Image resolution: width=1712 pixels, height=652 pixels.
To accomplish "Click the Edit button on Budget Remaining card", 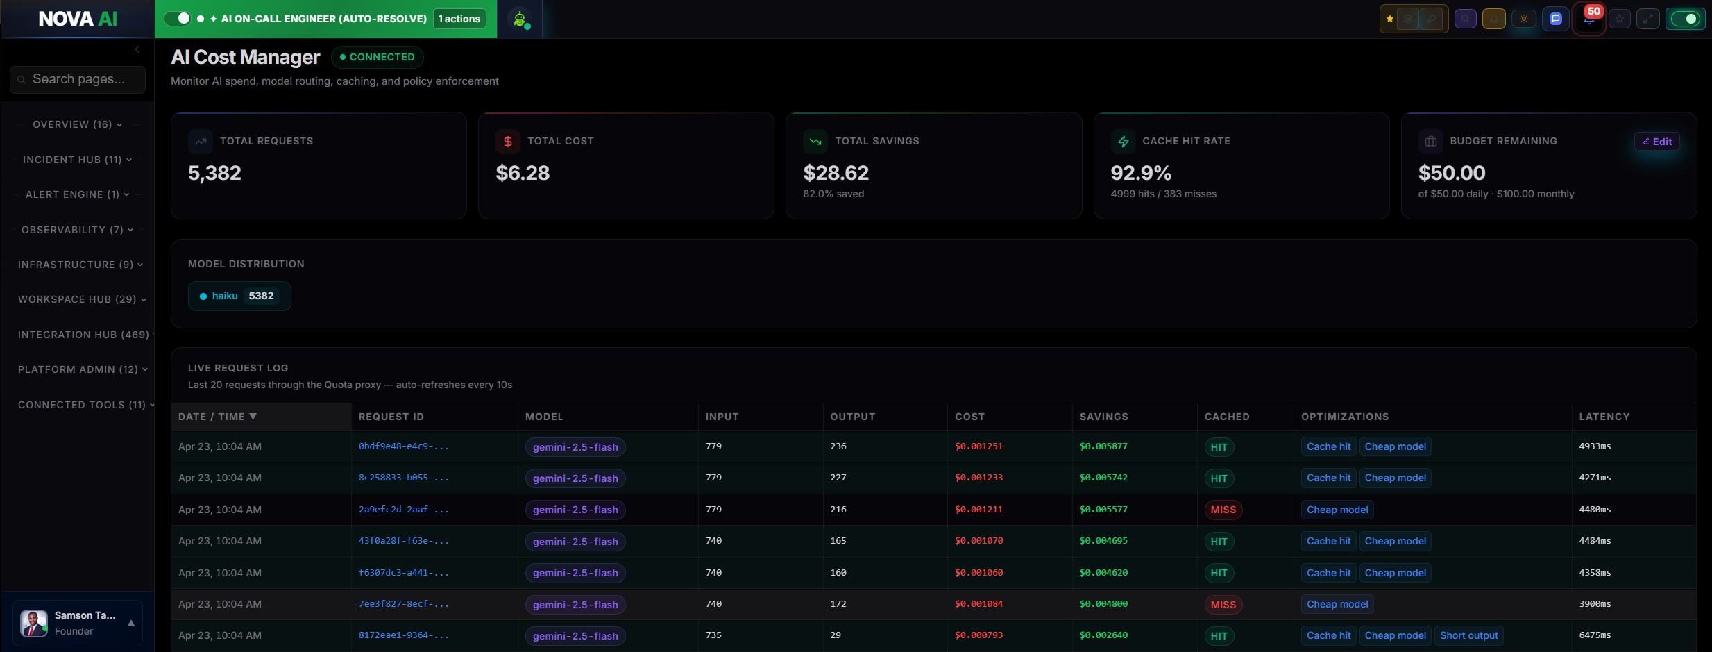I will (x=1656, y=142).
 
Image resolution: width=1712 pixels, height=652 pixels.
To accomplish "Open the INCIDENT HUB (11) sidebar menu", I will (x=77, y=160).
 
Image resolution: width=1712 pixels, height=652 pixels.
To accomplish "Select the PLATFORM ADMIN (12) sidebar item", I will (x=83, y=369).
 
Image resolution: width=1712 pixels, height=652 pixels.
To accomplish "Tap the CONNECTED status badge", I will (x=377, y=57).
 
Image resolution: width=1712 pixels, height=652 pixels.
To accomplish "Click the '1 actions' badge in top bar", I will (x=459, y=19).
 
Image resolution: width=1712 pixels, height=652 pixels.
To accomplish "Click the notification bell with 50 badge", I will (x=1588, y=19).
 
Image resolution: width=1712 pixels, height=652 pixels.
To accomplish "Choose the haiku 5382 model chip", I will (x=239, y=296).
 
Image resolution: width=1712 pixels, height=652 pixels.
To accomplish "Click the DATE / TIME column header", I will (x=217, y=417).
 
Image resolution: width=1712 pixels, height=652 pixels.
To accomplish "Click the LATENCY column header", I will (x=1604, y=417).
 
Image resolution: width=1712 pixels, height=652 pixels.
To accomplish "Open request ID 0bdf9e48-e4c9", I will (x=403, y=446).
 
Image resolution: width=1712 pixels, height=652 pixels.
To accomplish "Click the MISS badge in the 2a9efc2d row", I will (x=1223, y=510).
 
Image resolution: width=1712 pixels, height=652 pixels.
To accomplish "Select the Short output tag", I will (x=1468, y=635).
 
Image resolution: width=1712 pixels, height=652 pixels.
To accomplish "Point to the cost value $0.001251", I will (x=978, y=446).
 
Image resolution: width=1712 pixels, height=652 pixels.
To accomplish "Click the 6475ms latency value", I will (x=1595, y=635).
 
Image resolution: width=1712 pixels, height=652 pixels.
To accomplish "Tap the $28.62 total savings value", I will (x=836, y=173).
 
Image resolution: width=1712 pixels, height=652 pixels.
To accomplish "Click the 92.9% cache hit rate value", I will (x=1140, y=173).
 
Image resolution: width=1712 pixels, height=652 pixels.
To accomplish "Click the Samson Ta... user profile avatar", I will (x=34, y=623).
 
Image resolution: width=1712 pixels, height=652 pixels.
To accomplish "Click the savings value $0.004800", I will (x=1103, y=604).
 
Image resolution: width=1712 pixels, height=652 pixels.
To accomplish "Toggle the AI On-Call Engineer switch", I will (x=178, y=19).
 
